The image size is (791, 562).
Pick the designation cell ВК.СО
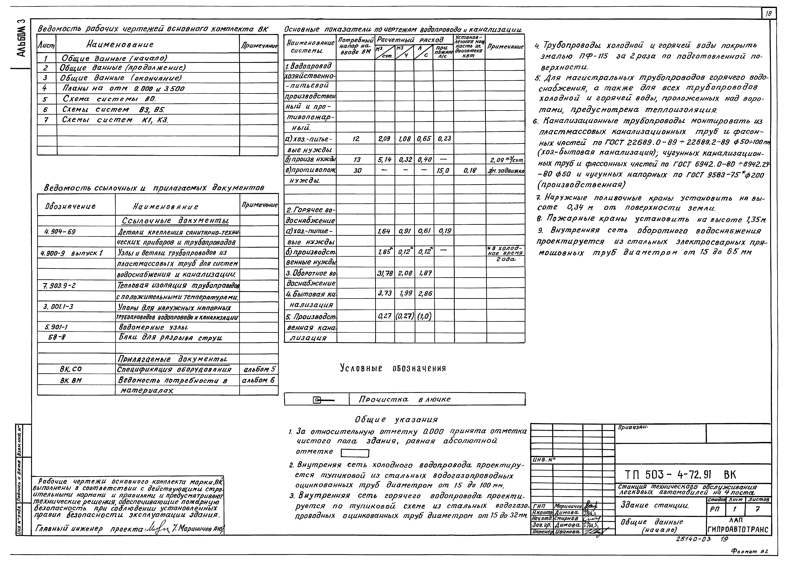pos(71,369)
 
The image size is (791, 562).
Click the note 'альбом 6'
pos(258,380)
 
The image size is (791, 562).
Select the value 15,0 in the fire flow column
pos(443,170)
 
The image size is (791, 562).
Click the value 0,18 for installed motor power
pos(469,170)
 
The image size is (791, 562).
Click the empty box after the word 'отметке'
pos(355,453)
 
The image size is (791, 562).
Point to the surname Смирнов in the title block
pos(566,518)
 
